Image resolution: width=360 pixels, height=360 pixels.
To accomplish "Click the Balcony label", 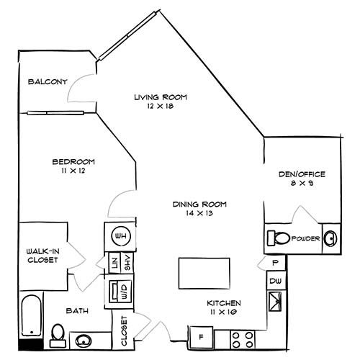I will [x=47, y=82].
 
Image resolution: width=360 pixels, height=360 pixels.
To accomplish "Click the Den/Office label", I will [x=302, y=174].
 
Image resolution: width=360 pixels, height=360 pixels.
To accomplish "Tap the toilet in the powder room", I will [x=279, y=238].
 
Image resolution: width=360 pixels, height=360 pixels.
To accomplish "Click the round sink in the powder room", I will [x=329, y=238].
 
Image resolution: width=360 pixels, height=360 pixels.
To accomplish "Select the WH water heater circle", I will [x=120, y=235].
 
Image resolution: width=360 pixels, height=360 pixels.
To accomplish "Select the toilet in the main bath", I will [x=58, y=331].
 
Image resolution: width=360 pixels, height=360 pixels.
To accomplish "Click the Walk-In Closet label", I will [x=42, y=255].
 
